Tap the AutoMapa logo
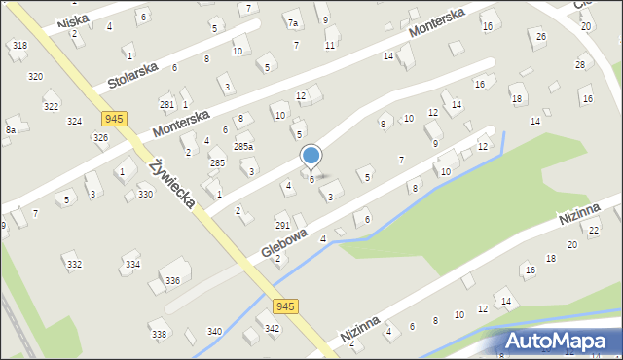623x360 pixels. (x=559, y=341)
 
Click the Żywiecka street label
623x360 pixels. (x=172, y=184)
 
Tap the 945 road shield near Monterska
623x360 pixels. (x=114, y=118)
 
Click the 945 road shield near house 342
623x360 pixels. (x=284, y=306)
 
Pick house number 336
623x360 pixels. (x=172, y=280)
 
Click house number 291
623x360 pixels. (x=281, y=225)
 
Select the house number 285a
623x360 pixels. (x=243, y=146)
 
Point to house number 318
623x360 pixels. (x=19, y=45)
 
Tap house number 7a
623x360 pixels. (x=292, y=22)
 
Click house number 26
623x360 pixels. (x=541, y=37)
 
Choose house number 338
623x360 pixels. (x=159, y=335)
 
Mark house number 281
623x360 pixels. (x=165, y=104)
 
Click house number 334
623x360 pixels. (x=133, y=264)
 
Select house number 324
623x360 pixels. (x=74, y=121)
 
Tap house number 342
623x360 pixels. (x=273, y=329)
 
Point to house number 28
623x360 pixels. (x=580, y=64)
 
